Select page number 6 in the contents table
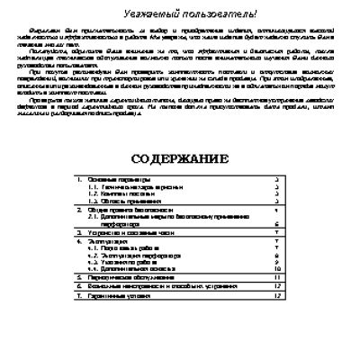click(x=278, y=224)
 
